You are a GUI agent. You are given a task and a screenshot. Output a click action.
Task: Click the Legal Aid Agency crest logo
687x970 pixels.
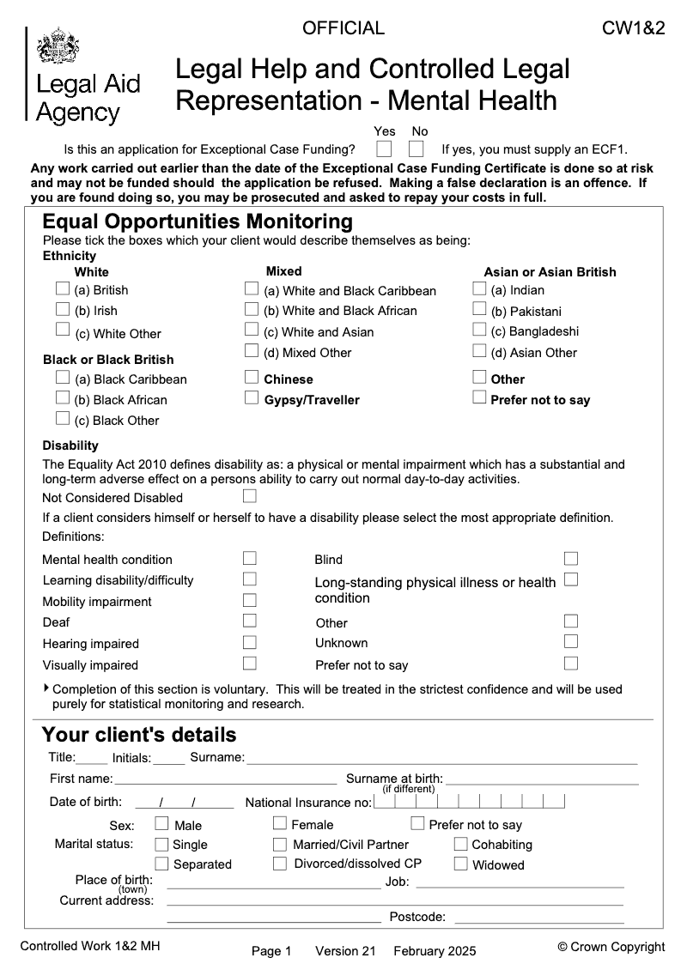(x=58, y=45)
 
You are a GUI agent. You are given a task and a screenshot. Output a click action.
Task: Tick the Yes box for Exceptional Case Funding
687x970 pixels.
(x=384, y=149)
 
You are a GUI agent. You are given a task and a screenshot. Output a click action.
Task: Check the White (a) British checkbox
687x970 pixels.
(x=63, y=288)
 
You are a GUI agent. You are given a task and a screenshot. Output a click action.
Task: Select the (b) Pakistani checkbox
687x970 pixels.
(x=479, y=309)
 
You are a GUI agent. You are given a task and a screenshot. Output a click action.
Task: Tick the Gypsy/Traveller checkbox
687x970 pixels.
(x=252, y=397)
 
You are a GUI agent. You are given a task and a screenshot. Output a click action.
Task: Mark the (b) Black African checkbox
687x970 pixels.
(x=63, y=397)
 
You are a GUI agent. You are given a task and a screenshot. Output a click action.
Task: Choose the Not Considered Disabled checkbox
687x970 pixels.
(x=250, y=496)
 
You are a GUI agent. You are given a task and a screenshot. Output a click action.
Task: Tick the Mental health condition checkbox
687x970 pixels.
(x=250, y=558)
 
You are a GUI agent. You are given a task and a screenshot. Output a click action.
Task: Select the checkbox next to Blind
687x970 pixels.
(x=571, y=558)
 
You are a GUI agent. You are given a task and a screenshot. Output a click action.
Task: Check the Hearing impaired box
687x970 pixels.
(x=250, y=641)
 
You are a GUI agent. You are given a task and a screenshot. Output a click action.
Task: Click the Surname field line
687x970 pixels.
(x=441, y=759)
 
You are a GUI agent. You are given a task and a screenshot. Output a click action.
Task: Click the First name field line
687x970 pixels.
(x=225, y=779)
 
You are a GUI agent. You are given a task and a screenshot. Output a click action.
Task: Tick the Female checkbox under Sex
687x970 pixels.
(x=280, y=824)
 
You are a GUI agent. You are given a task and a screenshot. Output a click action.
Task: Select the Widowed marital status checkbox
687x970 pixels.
(x=461, y=864)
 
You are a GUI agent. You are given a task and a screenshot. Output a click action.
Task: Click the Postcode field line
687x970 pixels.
(x=538, y=918)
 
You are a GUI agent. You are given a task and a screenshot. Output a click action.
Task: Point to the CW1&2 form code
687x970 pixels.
(x=634, y=28)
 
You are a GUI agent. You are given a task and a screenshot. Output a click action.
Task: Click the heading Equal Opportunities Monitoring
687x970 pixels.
(x=198, y=221)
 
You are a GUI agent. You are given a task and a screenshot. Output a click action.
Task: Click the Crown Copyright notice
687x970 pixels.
(x=611, y=947)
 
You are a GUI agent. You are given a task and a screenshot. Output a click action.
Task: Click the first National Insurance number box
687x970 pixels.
(x=384, y=802)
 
